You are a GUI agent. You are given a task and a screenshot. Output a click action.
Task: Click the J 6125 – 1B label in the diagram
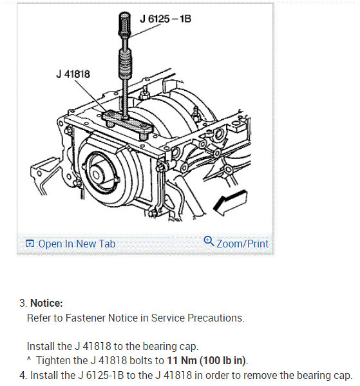166,19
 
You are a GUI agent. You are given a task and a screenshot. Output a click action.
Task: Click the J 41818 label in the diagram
73,74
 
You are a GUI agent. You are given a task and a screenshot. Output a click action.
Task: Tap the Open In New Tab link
77,244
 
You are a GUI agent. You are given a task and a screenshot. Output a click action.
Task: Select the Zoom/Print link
242,244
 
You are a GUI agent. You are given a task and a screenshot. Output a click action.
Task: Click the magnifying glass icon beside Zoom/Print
209,241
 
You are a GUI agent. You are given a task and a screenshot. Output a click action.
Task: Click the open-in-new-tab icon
30,244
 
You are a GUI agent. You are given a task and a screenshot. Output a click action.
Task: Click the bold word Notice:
46,303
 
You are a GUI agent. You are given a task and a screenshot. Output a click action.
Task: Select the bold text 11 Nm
182,361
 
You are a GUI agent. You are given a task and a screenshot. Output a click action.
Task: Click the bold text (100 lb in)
222,361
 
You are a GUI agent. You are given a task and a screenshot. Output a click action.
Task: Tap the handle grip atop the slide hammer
124,24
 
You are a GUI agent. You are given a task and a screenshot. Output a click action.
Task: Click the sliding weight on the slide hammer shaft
125,63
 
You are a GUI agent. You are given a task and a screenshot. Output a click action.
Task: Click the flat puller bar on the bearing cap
128,124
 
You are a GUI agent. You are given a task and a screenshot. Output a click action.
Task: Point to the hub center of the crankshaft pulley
96,175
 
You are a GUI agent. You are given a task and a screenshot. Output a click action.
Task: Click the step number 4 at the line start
23,376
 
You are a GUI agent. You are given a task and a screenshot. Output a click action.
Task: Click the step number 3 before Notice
23,304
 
